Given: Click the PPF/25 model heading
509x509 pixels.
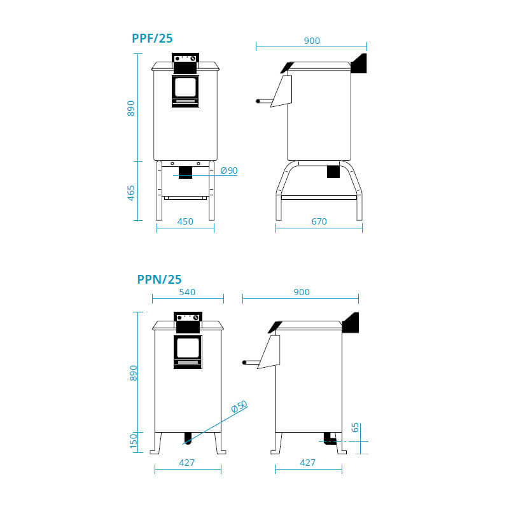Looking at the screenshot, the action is (152, 38).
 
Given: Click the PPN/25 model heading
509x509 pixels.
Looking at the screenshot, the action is (159, 279).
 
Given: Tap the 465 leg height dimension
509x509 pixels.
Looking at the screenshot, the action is (131, 193).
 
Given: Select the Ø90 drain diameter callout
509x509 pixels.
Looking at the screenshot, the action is (229, 171).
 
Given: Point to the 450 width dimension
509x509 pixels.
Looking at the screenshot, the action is (185, 221).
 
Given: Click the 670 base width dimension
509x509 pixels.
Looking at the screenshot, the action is (319, 221).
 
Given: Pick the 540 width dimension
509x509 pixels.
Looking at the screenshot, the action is (187, 292).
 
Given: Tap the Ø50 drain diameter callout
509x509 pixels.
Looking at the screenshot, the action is (240, 407).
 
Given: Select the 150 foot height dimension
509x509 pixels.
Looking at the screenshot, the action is (134, 441).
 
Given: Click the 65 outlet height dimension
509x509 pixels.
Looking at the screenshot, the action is (355, 428).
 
